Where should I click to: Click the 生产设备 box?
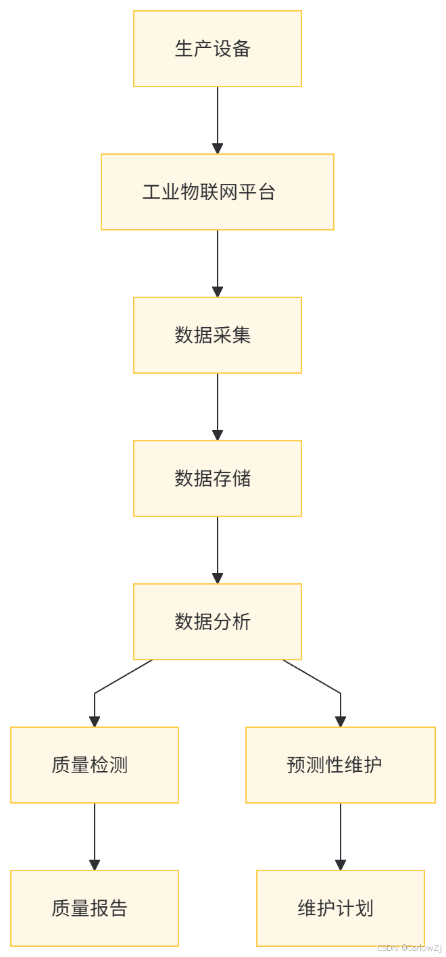coord(217,49)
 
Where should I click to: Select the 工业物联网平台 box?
coord(217,192)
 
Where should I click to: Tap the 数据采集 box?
coord(217,335)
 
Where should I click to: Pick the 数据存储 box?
coord(217,478)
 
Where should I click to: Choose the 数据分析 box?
coord(217,622)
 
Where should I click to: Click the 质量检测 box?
coord(94,765)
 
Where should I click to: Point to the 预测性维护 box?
coord(340,765)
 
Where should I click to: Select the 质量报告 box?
coord(94,908)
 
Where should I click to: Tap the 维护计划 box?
coord(340,908)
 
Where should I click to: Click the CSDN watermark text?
coord(409,948)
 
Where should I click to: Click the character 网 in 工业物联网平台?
coord(228,192)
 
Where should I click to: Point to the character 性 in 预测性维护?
coord(334,765)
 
